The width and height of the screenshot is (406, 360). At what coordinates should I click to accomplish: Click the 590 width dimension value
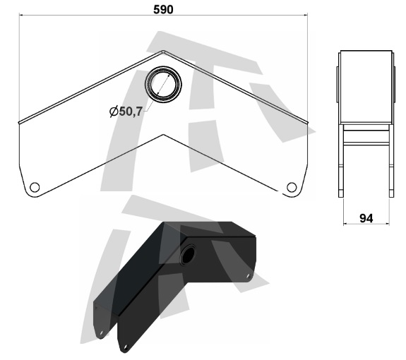pyautogui.click(x=163, y=10)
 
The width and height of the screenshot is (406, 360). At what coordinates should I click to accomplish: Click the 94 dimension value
pyautogui.click(x=366, y=219)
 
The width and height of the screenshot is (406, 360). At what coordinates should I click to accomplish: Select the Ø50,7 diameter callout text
pyautogui.click(x=126, y=112)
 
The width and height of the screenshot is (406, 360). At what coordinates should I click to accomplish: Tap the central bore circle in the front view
pyautogui.click(x=163, y=85)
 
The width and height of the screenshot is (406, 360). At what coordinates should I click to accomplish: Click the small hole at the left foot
pyautogui.click(x=35, y=187)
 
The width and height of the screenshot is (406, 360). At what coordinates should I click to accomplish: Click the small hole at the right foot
pyautogui.click(x=292, y=187)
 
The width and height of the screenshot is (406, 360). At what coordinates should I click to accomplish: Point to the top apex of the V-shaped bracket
pyautogui.click(x=163, y=51)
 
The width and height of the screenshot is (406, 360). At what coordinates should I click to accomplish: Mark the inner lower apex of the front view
pyautogui.click(x=163, y=135)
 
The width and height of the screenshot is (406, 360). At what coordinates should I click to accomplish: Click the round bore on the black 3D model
pyautogui.click(x=188, y=255)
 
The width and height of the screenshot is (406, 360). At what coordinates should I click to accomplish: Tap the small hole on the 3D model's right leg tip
pyautogui.click(x=249, y=275)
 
